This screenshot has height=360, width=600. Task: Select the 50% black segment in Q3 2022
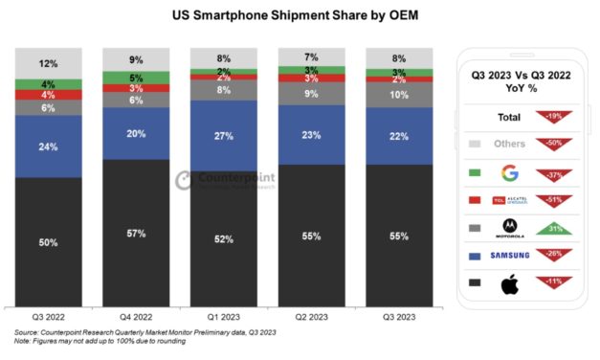pyautogui.click(x=48, y=244)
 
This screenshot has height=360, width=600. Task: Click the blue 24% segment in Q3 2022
pyautogui.click(x=48, y=146)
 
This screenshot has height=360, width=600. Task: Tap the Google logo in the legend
pyautogui.click(x=509, y=172)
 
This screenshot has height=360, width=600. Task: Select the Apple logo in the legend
pyautogui.click(x=509, y=282)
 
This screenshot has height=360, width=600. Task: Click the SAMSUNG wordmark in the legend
pyautogui.click(x=509, y=256)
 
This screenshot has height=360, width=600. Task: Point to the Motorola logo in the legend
pyautogui.click(x=509, y=228)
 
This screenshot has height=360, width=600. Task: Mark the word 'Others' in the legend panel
pyautogui.click(x=509, y=146)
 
